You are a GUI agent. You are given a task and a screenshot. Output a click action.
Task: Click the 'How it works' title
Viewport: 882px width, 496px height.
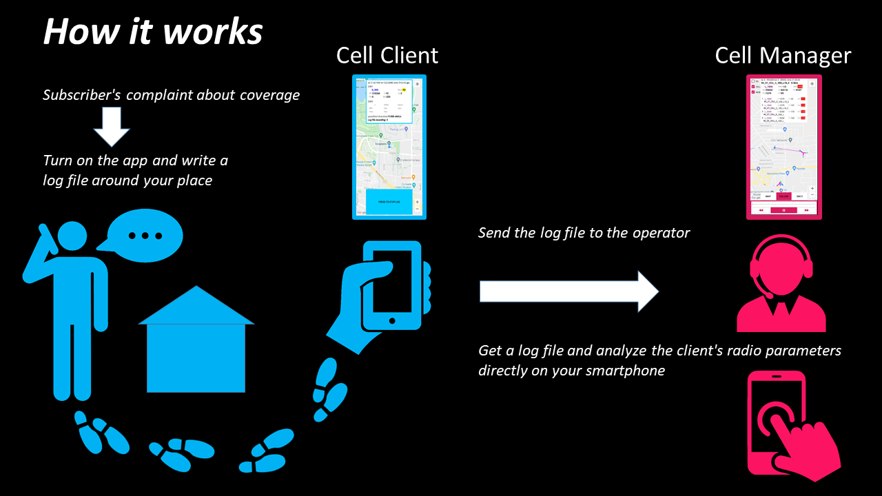[153, 32]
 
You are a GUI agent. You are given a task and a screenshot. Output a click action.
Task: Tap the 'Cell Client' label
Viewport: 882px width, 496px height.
[387, 55]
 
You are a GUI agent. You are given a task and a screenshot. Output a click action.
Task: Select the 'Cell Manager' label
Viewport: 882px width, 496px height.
[783, 55]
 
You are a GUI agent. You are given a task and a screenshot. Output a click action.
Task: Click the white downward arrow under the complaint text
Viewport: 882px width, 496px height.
[111, 127]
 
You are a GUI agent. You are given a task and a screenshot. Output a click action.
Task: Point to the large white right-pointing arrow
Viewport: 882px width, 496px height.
[568, 291]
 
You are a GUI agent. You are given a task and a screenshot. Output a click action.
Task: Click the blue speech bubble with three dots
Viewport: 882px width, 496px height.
[144, 236]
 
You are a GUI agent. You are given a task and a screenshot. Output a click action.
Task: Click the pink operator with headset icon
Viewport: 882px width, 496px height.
[781, 282]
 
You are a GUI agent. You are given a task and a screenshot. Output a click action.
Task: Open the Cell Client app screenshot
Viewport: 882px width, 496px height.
[389, 147]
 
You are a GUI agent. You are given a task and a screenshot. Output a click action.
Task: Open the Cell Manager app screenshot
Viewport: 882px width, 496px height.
[784, 147]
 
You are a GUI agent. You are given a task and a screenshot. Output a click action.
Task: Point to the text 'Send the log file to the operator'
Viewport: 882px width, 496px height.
[584, 233]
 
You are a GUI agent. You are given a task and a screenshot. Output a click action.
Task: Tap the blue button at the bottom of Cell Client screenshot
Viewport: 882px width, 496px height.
[389, 201]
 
